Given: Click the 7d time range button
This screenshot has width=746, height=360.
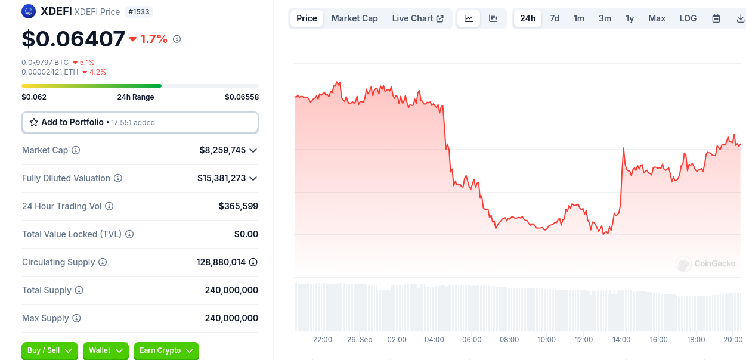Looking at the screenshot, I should click(x=555, y=18).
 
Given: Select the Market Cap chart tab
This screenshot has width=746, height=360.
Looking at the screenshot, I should click(x=354, y=18).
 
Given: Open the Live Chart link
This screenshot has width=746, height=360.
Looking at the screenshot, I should click(x=417, y=18).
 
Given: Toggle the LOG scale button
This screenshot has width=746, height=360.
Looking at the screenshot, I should click(x=688, y=18).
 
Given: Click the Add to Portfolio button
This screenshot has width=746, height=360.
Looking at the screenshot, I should click(x=140, y=122).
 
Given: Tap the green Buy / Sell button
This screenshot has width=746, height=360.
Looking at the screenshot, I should click(x=49, y=350).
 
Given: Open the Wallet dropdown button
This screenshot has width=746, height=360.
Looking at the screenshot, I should click(x=106, y=350).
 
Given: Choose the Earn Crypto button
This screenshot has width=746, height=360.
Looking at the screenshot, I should click(x=166, y=350).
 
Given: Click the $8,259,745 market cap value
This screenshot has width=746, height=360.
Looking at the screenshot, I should click(x=222, y=150).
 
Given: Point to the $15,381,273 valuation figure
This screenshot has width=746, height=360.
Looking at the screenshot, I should click(x=221, y=178).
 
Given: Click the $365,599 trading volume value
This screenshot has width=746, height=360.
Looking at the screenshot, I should click(x=239, y=206).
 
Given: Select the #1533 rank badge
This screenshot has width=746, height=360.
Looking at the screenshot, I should click(x=138, y=11).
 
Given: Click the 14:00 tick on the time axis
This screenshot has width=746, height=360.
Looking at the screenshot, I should click(x=621, y=340).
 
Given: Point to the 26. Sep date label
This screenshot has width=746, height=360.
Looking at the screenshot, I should click(x=360, y=340).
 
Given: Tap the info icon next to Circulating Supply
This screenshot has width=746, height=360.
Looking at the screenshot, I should click(x=103, y=262).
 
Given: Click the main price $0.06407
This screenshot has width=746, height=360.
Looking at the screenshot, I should click(x=73, y=39).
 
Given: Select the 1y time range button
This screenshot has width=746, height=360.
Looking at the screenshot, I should click(x=630, y=18).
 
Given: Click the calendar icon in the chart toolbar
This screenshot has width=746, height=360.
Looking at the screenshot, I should click(x=716, y=18).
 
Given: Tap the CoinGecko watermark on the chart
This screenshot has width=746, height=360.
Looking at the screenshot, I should click(x=706, y=263).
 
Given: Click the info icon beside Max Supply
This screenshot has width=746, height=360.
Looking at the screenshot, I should click(x=76, y=318).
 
